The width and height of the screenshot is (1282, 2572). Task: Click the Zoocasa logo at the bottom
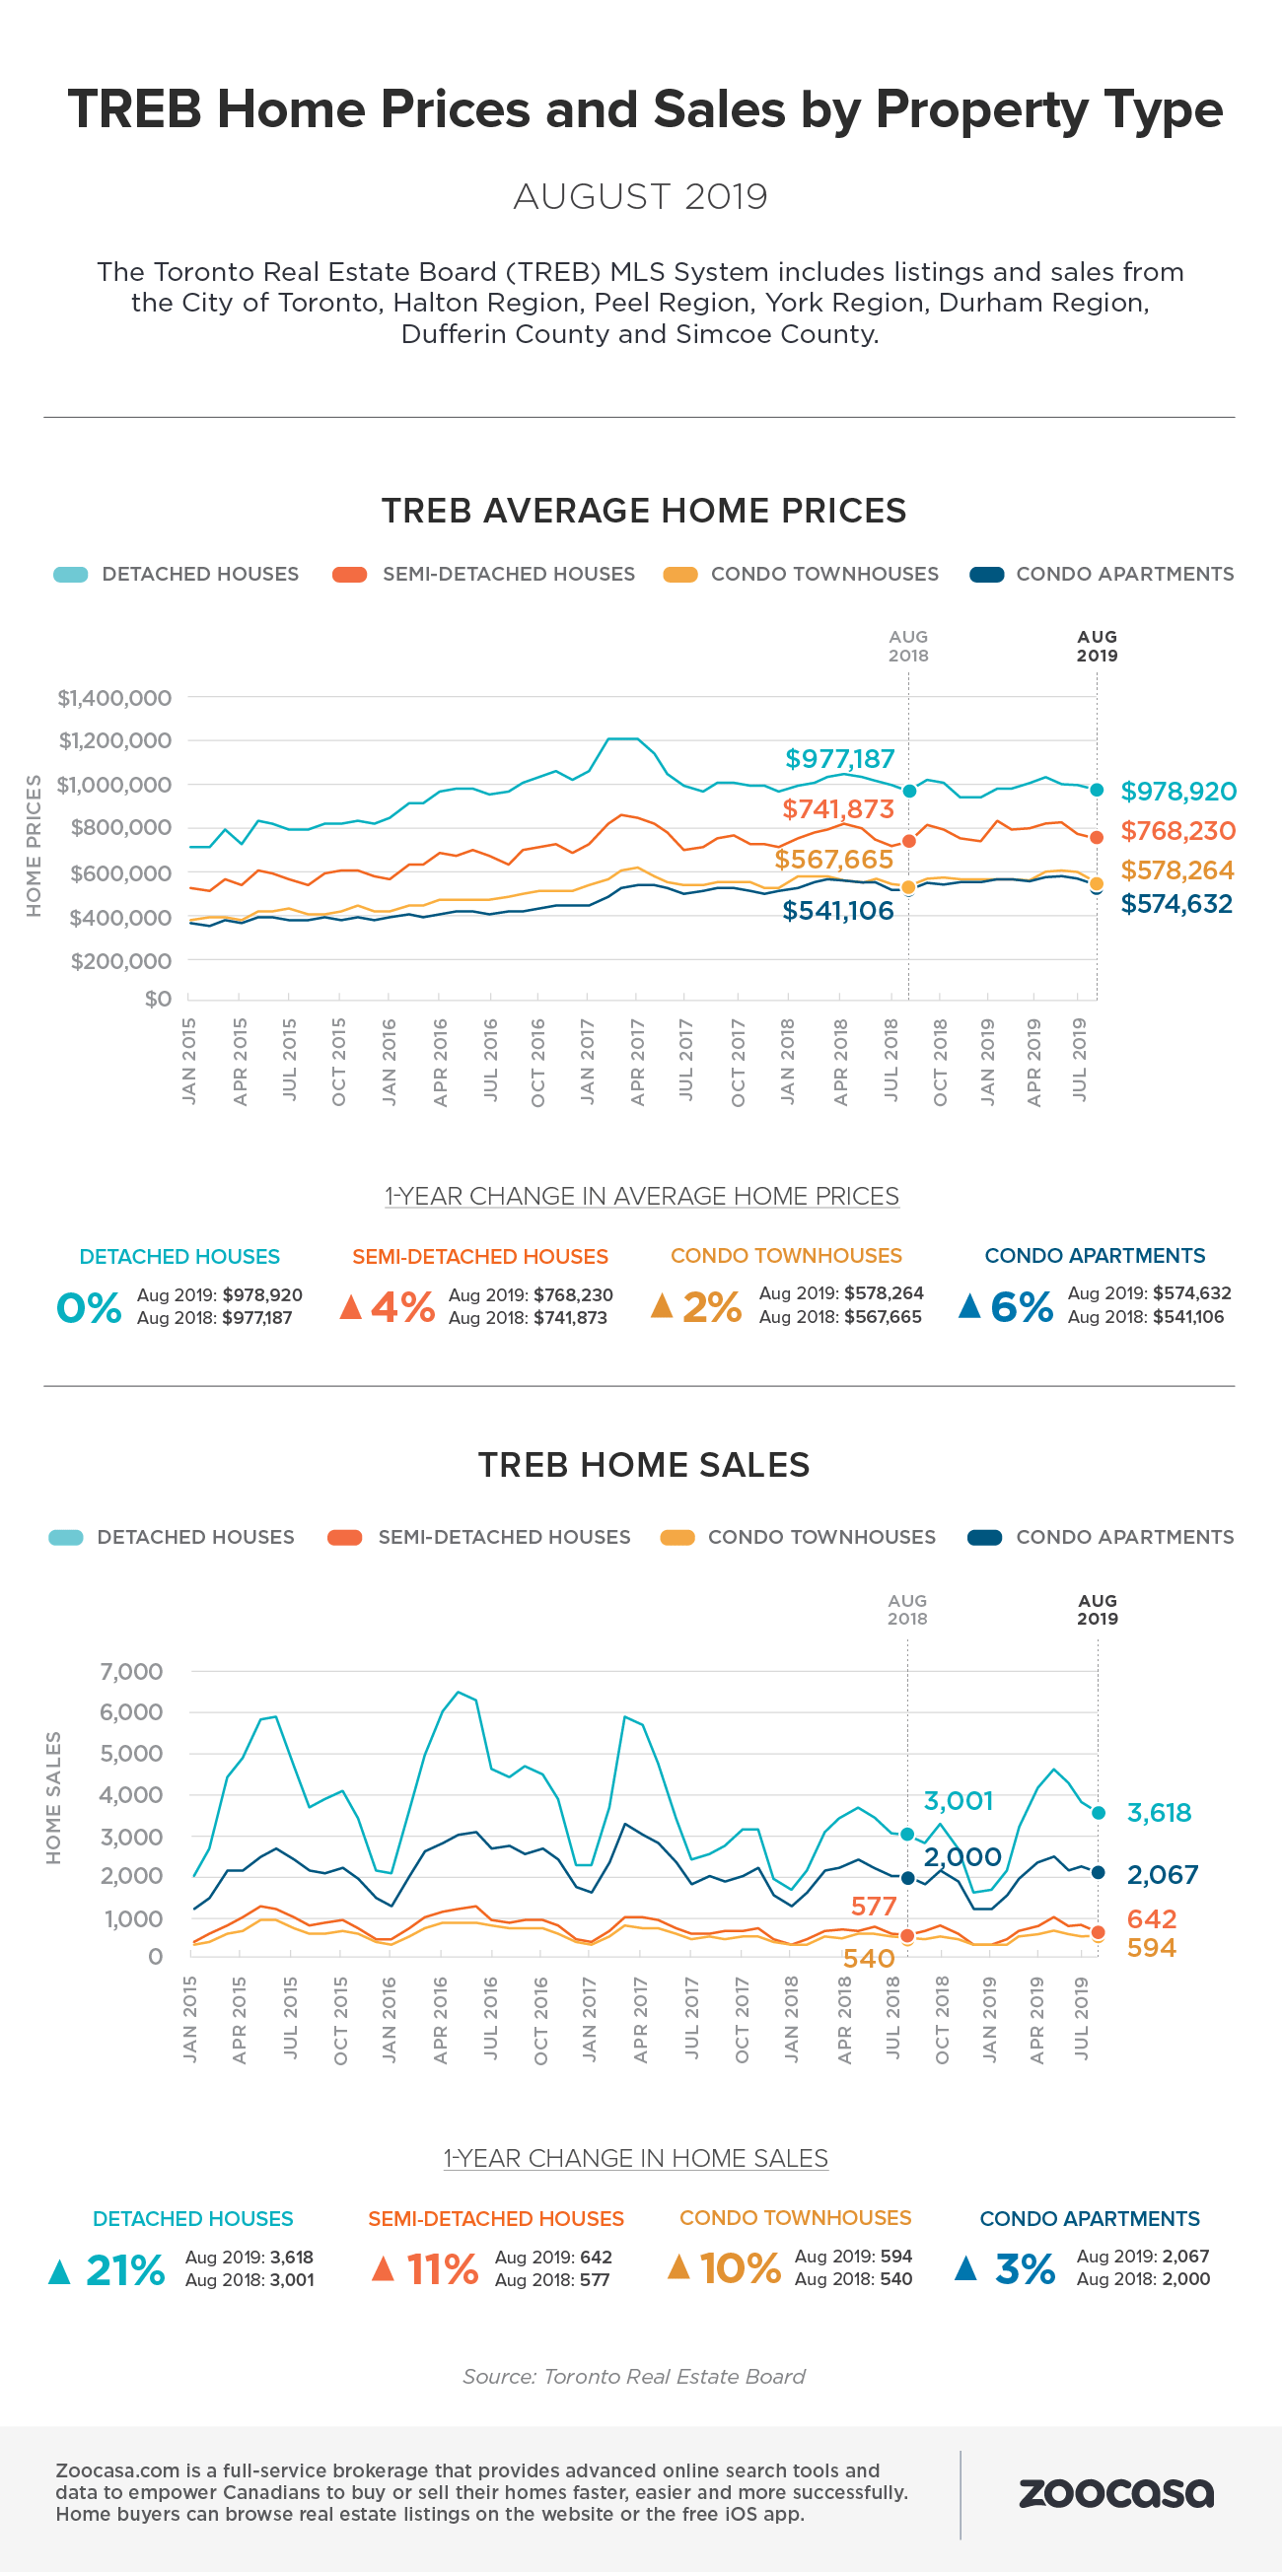tap(1115, 2493)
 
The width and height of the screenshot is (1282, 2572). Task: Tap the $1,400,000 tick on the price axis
tap(113, 698)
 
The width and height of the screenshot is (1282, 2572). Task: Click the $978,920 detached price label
tap(1178, 791)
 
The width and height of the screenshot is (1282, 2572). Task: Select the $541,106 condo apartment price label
tap(837, 911)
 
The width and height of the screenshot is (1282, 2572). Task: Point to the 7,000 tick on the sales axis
tap(131, 1671)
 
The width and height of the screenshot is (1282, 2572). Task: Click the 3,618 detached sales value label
tap(1158, 1812)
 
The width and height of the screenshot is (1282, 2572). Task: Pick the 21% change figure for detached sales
tap(125, 2269)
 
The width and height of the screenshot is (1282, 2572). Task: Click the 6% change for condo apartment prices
tap(1022, 1306)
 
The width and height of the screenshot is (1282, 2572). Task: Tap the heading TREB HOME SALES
tap(644, 1465)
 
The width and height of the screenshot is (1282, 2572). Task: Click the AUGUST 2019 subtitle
tap(640, 197)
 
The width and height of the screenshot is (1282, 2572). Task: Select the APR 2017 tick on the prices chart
tap(638, 1063)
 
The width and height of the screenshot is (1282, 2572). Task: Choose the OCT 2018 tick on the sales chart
tap(942, 2020)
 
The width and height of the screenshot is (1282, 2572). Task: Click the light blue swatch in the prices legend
tap(71, 574)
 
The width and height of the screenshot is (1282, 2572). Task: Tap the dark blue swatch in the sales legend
tap(984, 1537)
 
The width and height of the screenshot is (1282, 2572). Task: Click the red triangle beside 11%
tap(383, 2268)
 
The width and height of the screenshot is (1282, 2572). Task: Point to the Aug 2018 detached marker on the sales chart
tap(907, 1835)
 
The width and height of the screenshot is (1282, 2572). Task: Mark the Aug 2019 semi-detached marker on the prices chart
tap(1097, 838)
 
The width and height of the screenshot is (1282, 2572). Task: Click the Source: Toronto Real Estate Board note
tap(634, 2376)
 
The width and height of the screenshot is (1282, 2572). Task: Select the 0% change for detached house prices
tap(89, 1307)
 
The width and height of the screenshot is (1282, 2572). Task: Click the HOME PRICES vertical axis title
tap(34, 846)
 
